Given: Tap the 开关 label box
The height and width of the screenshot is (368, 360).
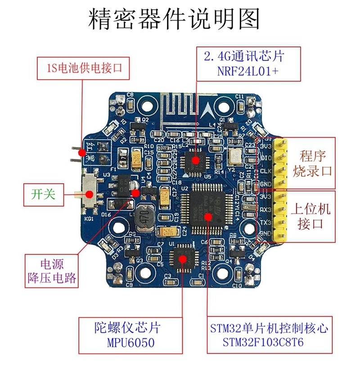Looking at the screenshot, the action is (x=43, y=195).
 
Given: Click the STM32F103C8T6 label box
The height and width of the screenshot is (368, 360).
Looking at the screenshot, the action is (x=269, y=335).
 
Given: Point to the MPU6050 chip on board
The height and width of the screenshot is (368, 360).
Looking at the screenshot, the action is (x=183, y=257).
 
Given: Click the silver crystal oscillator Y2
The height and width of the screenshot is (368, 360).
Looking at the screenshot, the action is (x=234, y=155).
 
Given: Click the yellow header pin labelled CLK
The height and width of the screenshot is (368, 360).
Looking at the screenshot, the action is (x=275, y=171).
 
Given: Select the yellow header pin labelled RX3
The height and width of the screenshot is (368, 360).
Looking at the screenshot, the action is (x=275, y=209).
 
